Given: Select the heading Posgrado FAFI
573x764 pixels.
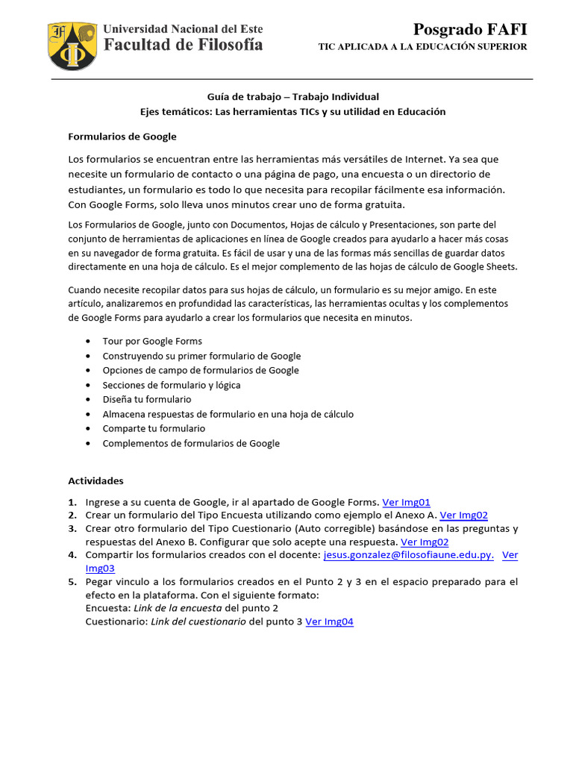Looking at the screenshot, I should [470, 29].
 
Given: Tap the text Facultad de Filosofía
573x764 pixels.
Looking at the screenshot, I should [183, 45].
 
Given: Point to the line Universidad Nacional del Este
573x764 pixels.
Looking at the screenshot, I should [183, 29].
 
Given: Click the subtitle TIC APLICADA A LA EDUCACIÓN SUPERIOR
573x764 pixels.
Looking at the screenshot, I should [422, 46].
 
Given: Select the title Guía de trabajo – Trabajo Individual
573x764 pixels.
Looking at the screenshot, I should [292, 96].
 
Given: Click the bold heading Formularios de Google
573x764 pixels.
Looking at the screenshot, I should [122, 137].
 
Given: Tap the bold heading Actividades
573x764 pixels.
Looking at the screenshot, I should [95, 480].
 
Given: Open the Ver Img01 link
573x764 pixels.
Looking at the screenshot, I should [406, 502].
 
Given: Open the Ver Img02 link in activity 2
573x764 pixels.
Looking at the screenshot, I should [463, 515].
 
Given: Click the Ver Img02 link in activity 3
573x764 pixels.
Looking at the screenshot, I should [425, 542].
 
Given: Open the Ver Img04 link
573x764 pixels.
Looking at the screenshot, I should [329, 621].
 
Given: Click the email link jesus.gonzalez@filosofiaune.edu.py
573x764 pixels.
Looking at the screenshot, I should [408, 555].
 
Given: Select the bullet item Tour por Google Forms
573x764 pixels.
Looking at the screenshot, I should [152, 341].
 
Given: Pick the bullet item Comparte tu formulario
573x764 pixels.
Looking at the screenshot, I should [154, 428].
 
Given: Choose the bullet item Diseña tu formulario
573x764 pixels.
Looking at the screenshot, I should [147, 399].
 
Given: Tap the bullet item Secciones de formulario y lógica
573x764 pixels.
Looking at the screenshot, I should [172, 385].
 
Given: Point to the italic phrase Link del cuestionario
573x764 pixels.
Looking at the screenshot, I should [198, 621].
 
